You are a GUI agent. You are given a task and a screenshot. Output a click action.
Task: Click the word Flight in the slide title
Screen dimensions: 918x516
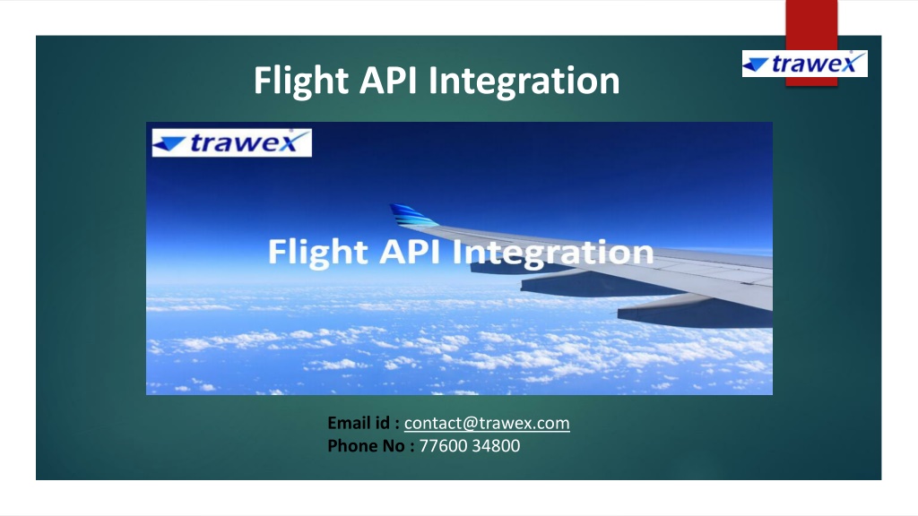point(301,81)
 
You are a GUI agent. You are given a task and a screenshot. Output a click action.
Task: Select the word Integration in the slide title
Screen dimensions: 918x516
point(524,81)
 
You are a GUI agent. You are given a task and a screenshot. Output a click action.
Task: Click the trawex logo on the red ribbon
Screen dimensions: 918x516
point(804,64)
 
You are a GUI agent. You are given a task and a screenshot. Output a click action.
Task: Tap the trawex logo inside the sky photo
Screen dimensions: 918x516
point(232,142)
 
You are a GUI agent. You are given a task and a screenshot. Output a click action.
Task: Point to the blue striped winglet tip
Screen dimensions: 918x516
point(412,215)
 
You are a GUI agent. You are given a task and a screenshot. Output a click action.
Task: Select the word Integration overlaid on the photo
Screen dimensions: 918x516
point(553,253)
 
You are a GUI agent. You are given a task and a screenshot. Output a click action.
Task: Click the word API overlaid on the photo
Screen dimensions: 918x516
point(410,252)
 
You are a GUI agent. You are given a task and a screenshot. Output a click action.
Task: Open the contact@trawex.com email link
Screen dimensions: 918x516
point(487,423)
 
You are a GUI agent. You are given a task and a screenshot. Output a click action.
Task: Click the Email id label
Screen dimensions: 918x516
point(363,423)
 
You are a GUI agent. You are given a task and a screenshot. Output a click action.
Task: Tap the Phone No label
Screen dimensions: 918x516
point(370,446)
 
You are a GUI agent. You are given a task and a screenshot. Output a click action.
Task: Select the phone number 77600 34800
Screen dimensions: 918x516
point(470,446)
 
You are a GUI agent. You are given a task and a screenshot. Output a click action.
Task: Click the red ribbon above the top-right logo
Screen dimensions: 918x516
point(810,24)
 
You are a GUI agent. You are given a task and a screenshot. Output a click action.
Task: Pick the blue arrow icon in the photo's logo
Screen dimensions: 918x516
point(169,142)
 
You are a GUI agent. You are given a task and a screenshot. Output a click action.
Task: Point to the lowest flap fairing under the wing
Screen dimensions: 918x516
point(695,311)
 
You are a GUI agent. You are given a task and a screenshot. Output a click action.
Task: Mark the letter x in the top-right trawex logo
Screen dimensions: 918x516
point(853,64)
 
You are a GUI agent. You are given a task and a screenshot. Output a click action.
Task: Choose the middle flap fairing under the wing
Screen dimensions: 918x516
point(597,284)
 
